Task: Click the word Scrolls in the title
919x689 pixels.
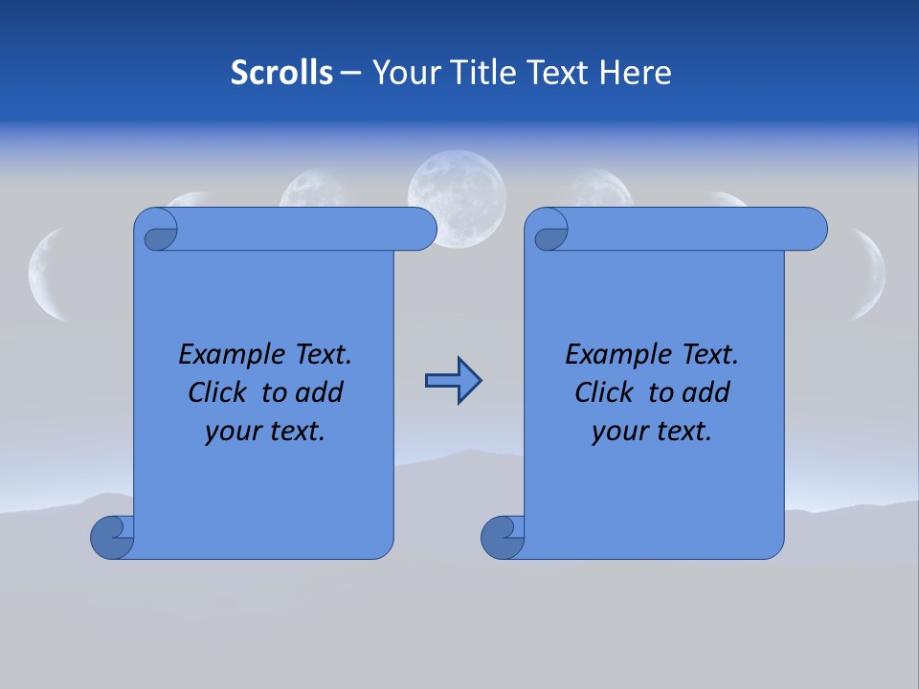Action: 281,72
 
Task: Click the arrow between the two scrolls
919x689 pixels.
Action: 453,381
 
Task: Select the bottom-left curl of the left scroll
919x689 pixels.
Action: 113,536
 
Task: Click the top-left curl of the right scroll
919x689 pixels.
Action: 549,231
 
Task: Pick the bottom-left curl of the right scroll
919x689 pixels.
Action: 503,537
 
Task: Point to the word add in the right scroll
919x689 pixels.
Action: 707,392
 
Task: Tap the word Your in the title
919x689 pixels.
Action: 402,72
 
